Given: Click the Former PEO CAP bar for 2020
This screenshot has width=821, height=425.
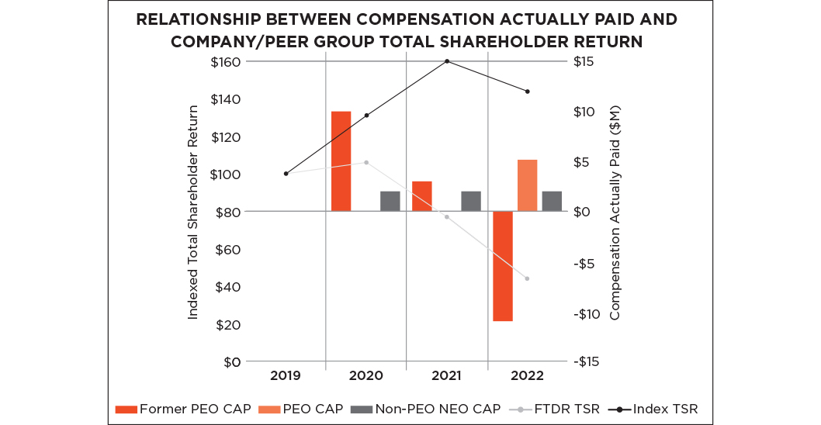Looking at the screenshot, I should (341, 161).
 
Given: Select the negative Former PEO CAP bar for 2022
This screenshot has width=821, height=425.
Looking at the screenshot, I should (503, 266).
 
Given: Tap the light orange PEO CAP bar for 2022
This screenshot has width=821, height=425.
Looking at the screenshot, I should (528, 185).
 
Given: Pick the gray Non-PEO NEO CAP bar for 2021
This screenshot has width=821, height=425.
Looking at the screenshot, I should (471, 201).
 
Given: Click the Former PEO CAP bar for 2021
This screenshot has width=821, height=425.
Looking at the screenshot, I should (422, 196).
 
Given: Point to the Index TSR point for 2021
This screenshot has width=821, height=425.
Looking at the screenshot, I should (447, 61).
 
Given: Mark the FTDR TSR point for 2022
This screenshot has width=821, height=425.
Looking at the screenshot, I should (528, 278).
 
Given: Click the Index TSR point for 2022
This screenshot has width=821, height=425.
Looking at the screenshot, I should (528, 92).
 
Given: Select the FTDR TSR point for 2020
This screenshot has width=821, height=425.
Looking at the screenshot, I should (366, 162).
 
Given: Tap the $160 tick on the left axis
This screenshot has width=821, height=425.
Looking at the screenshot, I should (227, 61).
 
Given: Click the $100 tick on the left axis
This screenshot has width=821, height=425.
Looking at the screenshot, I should (227, 174).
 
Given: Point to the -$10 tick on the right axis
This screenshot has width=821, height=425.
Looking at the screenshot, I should (587, 313).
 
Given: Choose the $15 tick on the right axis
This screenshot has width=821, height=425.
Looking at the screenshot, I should (584, 61).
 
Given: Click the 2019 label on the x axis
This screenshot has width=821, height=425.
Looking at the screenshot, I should (285, 376).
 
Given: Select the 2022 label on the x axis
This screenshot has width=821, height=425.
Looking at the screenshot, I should (528, 376).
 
